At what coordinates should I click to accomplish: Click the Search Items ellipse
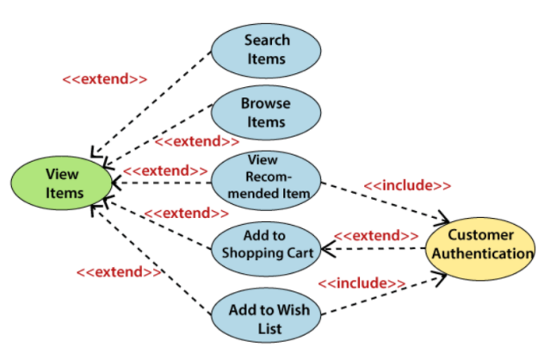[x=266, y=50]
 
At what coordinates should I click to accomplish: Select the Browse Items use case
[x=266, y=112]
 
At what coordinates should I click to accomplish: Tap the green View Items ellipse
[x=61, y=183]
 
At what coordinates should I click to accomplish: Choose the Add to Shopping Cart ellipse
[x=266, y=244]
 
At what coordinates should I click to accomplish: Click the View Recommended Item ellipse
[x=266, y=177]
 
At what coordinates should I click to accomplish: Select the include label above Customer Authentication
[x=406, y=185]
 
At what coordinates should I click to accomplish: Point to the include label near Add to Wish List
[x=362, y=282]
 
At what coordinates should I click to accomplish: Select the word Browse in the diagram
[x=266, y=103]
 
